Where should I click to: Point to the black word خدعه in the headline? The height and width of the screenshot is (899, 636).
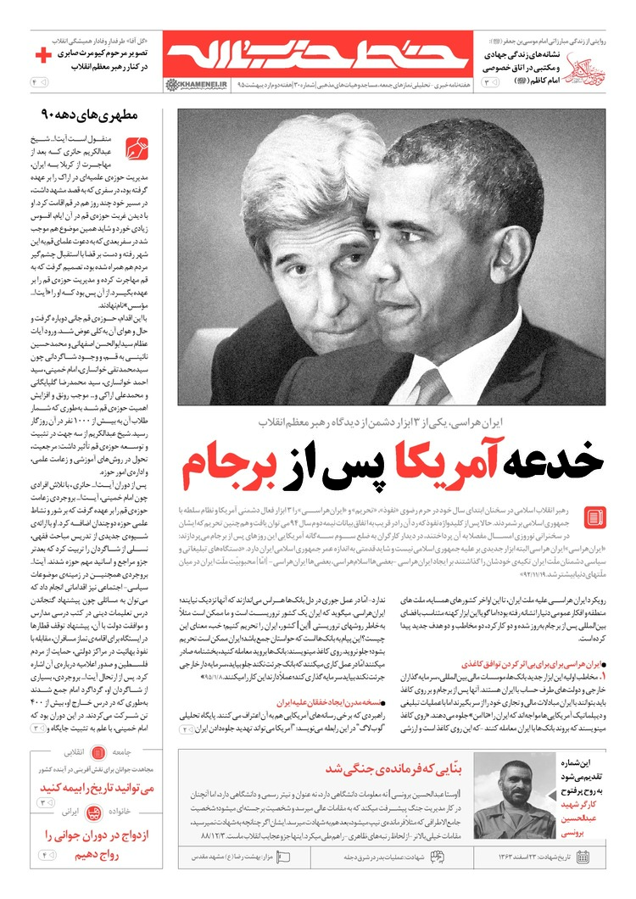[x=548, y=461]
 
